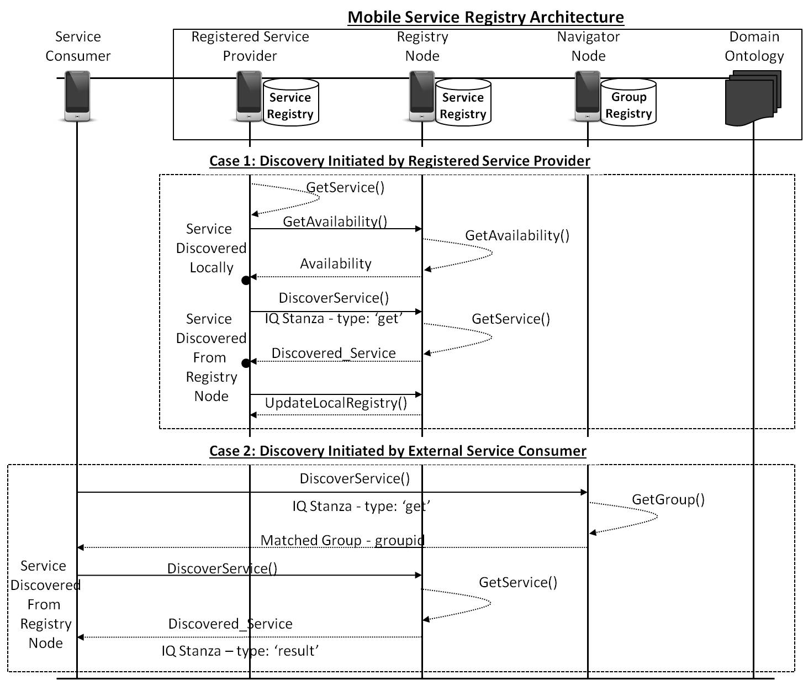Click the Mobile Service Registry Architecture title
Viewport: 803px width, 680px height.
click(x=485, y=17)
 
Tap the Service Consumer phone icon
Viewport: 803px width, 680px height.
click(x=77, y=96)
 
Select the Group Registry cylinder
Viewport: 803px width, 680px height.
click(x=628, y=103)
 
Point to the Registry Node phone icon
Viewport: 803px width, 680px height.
click(x=422, y=96)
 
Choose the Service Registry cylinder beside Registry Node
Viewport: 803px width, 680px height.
click(x=463, y=103)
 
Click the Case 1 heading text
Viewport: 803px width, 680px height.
click(x=399, y=161)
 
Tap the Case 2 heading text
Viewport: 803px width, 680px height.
click(x=398, y=451)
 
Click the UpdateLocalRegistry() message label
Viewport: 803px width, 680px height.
click(x=336, y=403)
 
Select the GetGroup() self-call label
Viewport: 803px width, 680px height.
click(x=668, y=499)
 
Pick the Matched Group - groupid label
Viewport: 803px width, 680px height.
click(x=342, y=540)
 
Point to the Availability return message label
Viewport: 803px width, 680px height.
click(x=336, y=263)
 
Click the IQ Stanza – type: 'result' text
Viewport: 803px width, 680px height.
click(x=240, y=651)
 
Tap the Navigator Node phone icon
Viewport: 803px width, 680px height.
click(x=588, y=96)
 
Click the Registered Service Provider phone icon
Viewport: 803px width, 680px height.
click(x=250, y=96)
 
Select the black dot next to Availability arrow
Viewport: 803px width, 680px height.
click(x=246, y=281)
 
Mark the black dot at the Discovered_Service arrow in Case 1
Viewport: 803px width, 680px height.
click(x=246, y=363)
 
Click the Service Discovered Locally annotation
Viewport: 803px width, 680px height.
click(x=211, y=248)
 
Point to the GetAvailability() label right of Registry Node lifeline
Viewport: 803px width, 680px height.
click(x=517, y=235)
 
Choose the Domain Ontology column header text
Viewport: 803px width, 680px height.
click(x=754, y=46)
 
